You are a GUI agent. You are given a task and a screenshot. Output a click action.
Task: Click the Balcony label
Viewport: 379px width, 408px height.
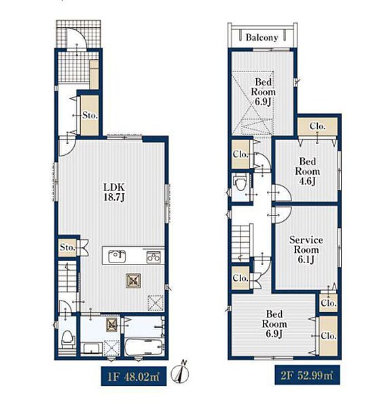(x=261, y=37)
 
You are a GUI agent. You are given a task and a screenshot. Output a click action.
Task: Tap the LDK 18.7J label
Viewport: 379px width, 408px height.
(x=114, y=192)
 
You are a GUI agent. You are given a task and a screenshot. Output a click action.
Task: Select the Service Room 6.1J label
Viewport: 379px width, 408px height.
(x=306, y=250)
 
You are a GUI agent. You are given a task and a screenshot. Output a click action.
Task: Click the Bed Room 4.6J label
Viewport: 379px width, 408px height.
(x=308, y=171)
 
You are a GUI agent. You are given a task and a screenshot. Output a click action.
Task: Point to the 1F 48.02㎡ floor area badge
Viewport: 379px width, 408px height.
(x=134, y=376)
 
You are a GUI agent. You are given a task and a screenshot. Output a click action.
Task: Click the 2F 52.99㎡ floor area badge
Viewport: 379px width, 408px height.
(x=307, y=375)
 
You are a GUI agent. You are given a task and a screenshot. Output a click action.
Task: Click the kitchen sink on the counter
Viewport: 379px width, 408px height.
(x=117, y=256)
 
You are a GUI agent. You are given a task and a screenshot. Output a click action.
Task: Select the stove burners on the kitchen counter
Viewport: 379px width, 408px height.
(x=154, y=256)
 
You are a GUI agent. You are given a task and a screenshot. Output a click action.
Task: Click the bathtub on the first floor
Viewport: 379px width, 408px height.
(x=144, y=347)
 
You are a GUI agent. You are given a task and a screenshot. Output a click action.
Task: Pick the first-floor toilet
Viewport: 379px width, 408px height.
(x=68, y=339)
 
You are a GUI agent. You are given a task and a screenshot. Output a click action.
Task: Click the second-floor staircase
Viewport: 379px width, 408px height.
(x=241, y=242)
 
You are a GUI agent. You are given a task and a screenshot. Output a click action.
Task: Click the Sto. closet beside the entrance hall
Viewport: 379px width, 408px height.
(x=90, y=116)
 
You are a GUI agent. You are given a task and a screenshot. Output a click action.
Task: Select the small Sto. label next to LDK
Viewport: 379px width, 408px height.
(x=68, y=248)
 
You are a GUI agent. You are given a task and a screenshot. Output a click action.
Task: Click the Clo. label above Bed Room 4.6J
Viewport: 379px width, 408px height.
(x=318, y=126)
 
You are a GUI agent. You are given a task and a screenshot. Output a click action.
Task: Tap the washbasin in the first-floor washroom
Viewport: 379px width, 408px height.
(x=91, y=348)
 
